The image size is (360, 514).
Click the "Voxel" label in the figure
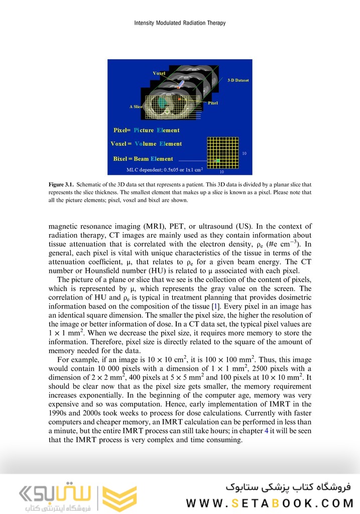[159, 73]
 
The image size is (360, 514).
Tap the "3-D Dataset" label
[238, 80]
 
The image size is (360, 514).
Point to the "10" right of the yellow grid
[244, 153]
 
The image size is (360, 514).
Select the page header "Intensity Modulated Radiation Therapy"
[180, 23]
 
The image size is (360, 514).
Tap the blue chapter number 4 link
[267, 431]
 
